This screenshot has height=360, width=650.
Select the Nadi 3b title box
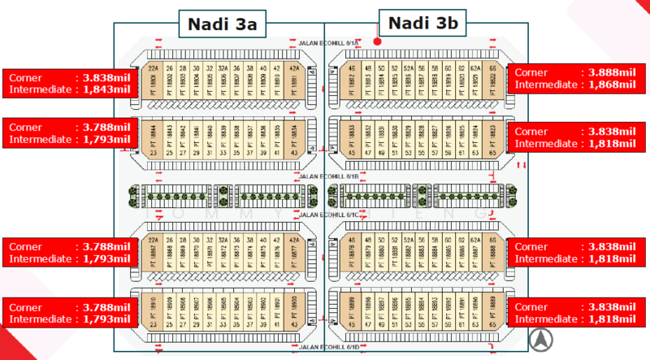(422, 24)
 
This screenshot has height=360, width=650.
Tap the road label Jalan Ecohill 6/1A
(324, 43)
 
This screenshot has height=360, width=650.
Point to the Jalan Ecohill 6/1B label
(324, 175)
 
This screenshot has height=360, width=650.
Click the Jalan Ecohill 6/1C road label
(324, 215)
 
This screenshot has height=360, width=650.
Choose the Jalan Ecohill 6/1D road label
(324, 347)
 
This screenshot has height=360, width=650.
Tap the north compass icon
(538, 339)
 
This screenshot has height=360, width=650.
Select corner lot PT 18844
(153, 136)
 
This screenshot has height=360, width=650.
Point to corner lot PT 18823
(492, 136)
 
